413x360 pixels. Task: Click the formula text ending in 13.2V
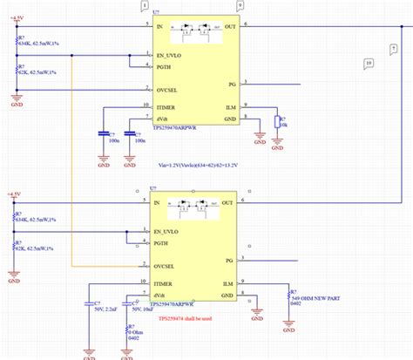(x=202, y=162)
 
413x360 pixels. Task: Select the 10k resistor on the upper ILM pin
(x=276, y=121)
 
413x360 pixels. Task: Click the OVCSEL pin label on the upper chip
(x=169, y=88)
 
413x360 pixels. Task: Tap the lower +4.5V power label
(x=14, y=194)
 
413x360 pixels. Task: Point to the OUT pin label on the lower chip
(x=229, y=203)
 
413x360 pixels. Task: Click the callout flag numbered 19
(x=369, y=64)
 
